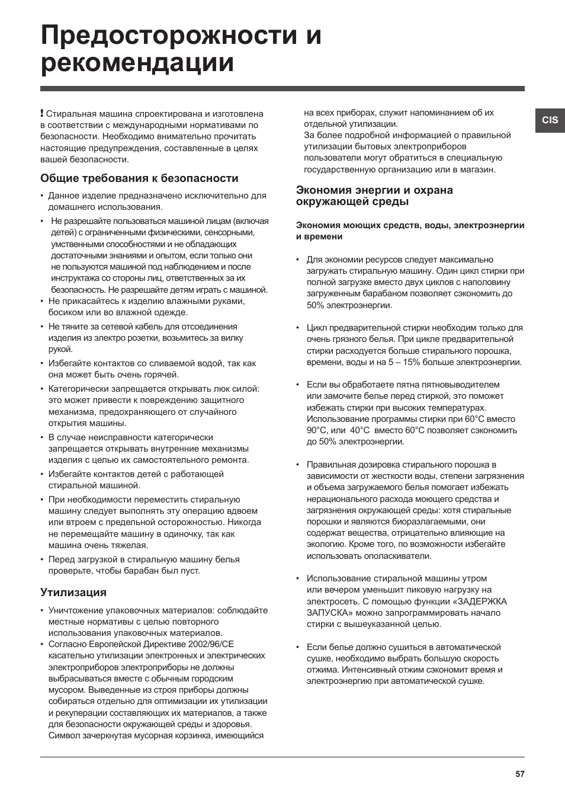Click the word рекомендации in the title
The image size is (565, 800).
pyautogui.click(x=137, y=63)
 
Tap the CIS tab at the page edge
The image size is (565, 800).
pyautogui.click(x=550, y=120)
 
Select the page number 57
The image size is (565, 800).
pyautogui.click(x=519, y=774)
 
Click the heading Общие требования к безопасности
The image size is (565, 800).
pyautogui.click(x=139, y=178)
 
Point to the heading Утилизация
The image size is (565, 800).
pyautogui.click(x=73, y=592)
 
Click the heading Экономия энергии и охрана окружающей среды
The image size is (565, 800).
pyautogui.click(x=374, y=196)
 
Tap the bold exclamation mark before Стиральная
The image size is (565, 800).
pyautogui.click(x=42, y=113)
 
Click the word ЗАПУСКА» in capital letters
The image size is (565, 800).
pyautogui.click(x=326, y=613)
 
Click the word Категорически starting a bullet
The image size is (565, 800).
pyautogui.click(x=79, y=389)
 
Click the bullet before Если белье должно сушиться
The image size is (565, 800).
pyautogui.click(x=298, y=648)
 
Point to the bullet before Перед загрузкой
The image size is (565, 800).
pyautogui.click(x=43, y=559)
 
